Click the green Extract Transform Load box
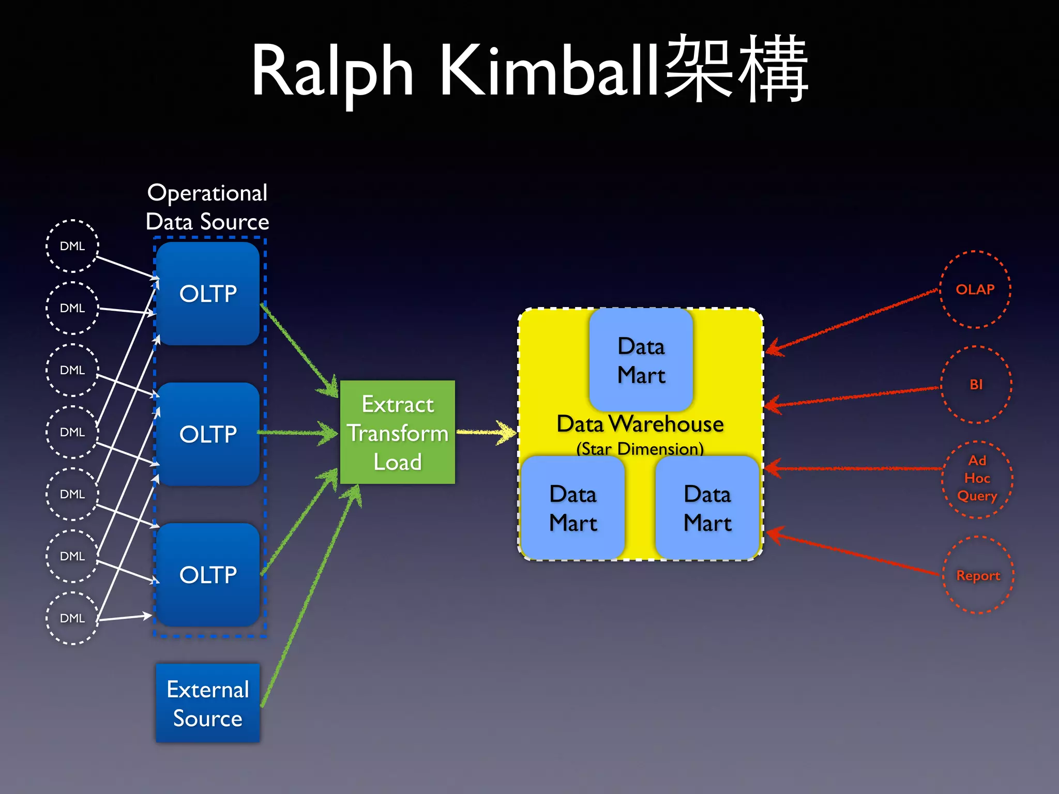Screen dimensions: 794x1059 [x=397, y=432]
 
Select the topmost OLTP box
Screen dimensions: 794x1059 [x=208, y=294]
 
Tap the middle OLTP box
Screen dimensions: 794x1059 [x=208, y=434]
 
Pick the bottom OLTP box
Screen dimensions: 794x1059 [x=208, y=575]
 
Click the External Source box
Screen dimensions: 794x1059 [x=208, y=703]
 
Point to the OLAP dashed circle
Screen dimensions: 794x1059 [x=975, y=289]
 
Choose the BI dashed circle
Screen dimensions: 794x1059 [x=976, y=385]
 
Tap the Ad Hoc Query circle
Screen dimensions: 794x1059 [x=977, y=479]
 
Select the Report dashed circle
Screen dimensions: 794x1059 [x=978, y=575]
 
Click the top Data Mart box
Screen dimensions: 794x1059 [x=641, y=360]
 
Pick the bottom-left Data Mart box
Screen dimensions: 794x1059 [x=572, y=508]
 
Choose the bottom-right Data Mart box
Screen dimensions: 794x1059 [x=707, y=508]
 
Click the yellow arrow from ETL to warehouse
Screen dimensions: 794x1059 [x=486, y=432]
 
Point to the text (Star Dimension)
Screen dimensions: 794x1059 [x=640, y=449]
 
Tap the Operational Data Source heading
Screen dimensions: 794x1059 [x=207, y=207]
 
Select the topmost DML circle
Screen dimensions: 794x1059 [x=72, y=246]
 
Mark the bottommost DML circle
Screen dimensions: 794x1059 [x=72, y=618]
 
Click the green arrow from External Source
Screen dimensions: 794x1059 [x=310, y=594]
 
